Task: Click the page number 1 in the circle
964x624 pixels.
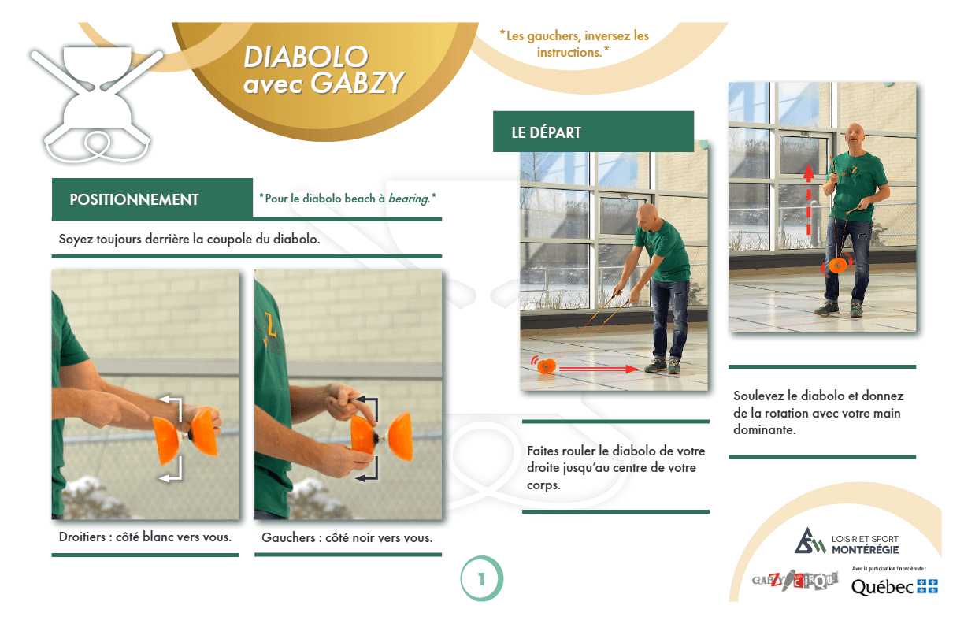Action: tap(481, 580)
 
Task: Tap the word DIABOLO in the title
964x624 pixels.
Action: tap(306, 57)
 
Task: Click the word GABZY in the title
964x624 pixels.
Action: tap(358, 82)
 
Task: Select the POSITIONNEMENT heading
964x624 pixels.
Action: tap(134, 200)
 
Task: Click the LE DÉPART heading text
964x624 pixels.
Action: tap(546, 132)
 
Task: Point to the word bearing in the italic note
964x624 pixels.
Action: tap(409, 199)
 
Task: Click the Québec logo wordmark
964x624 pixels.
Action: tap(882, 587)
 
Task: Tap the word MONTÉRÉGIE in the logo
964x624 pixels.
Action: tap(865, 550)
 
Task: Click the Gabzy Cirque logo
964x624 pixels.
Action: tap(795, 580)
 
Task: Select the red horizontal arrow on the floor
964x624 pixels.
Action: tap(599, 369)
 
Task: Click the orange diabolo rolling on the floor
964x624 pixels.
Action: tap(547, 366)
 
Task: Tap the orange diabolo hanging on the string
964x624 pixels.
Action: tap(837, 266)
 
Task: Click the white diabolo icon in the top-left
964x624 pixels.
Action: tap(96, 103)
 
